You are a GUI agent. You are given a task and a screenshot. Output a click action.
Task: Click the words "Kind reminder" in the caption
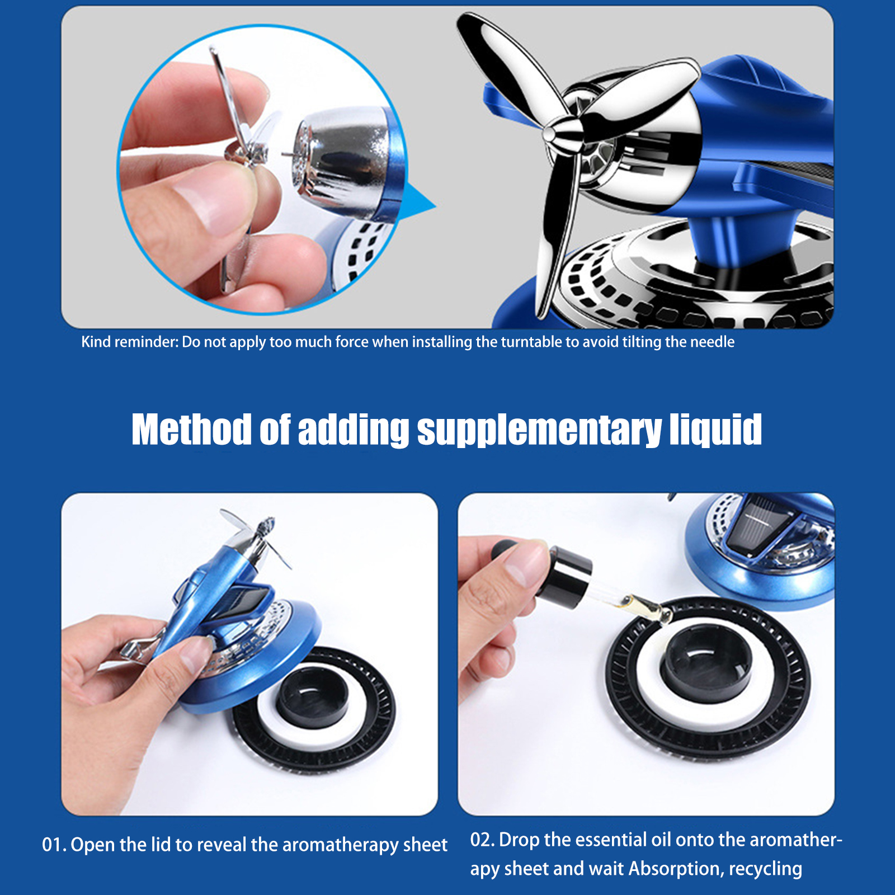click(x=129, y=342)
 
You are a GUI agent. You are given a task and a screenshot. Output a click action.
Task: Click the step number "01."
click(x=54, y=845)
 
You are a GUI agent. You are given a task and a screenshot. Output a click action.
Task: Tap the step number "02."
click(x=482, y=840)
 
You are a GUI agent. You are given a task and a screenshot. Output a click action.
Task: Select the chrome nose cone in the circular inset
click(x=336, y=159)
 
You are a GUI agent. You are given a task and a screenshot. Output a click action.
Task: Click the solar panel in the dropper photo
click(x=761, y=529)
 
